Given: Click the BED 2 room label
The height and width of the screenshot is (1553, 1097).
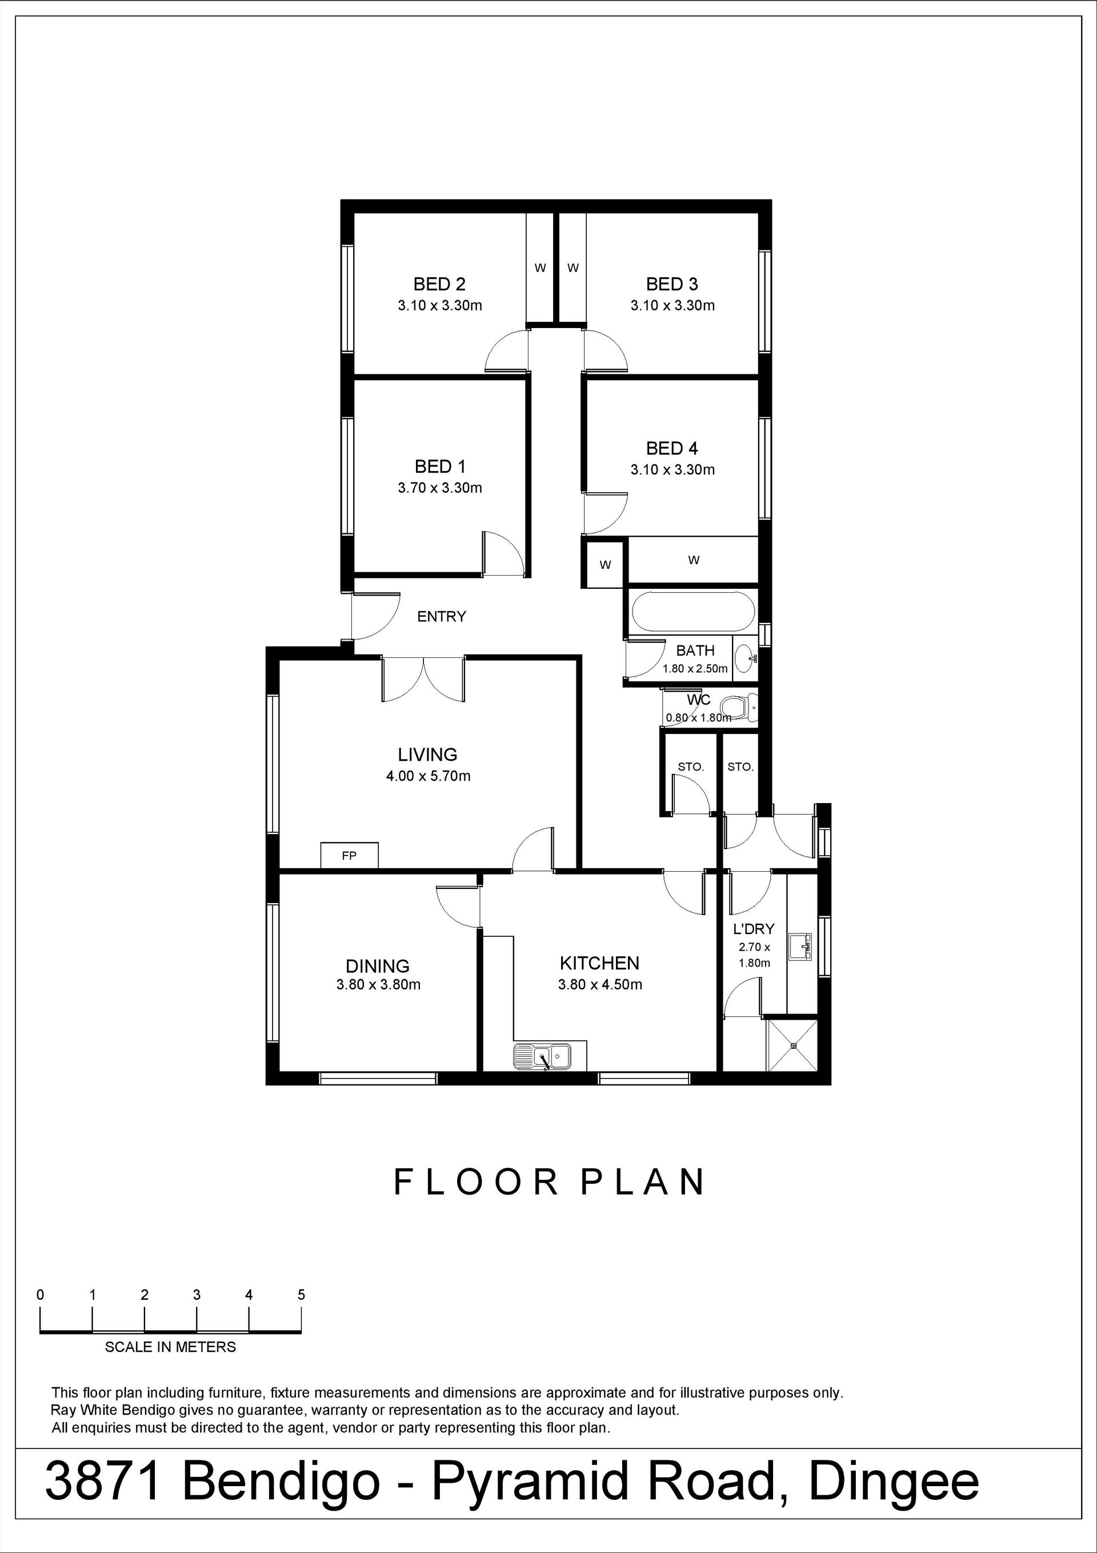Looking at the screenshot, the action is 439,284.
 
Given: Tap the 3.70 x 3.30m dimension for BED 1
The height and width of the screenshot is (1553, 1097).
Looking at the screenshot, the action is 439,488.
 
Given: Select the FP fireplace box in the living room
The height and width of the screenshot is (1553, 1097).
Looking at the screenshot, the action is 349,856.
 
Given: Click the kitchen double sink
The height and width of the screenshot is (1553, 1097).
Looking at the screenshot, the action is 542,1056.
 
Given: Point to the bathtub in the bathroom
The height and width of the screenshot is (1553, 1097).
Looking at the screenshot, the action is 692,612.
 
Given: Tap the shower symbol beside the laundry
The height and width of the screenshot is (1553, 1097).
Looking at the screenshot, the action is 792,1045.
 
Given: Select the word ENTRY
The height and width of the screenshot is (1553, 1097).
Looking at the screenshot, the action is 442,616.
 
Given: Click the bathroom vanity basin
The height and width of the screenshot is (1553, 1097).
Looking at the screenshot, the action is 744,657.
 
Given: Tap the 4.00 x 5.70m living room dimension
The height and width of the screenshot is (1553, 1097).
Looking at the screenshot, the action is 428,776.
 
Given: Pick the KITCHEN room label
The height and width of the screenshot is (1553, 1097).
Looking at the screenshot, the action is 599,963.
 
